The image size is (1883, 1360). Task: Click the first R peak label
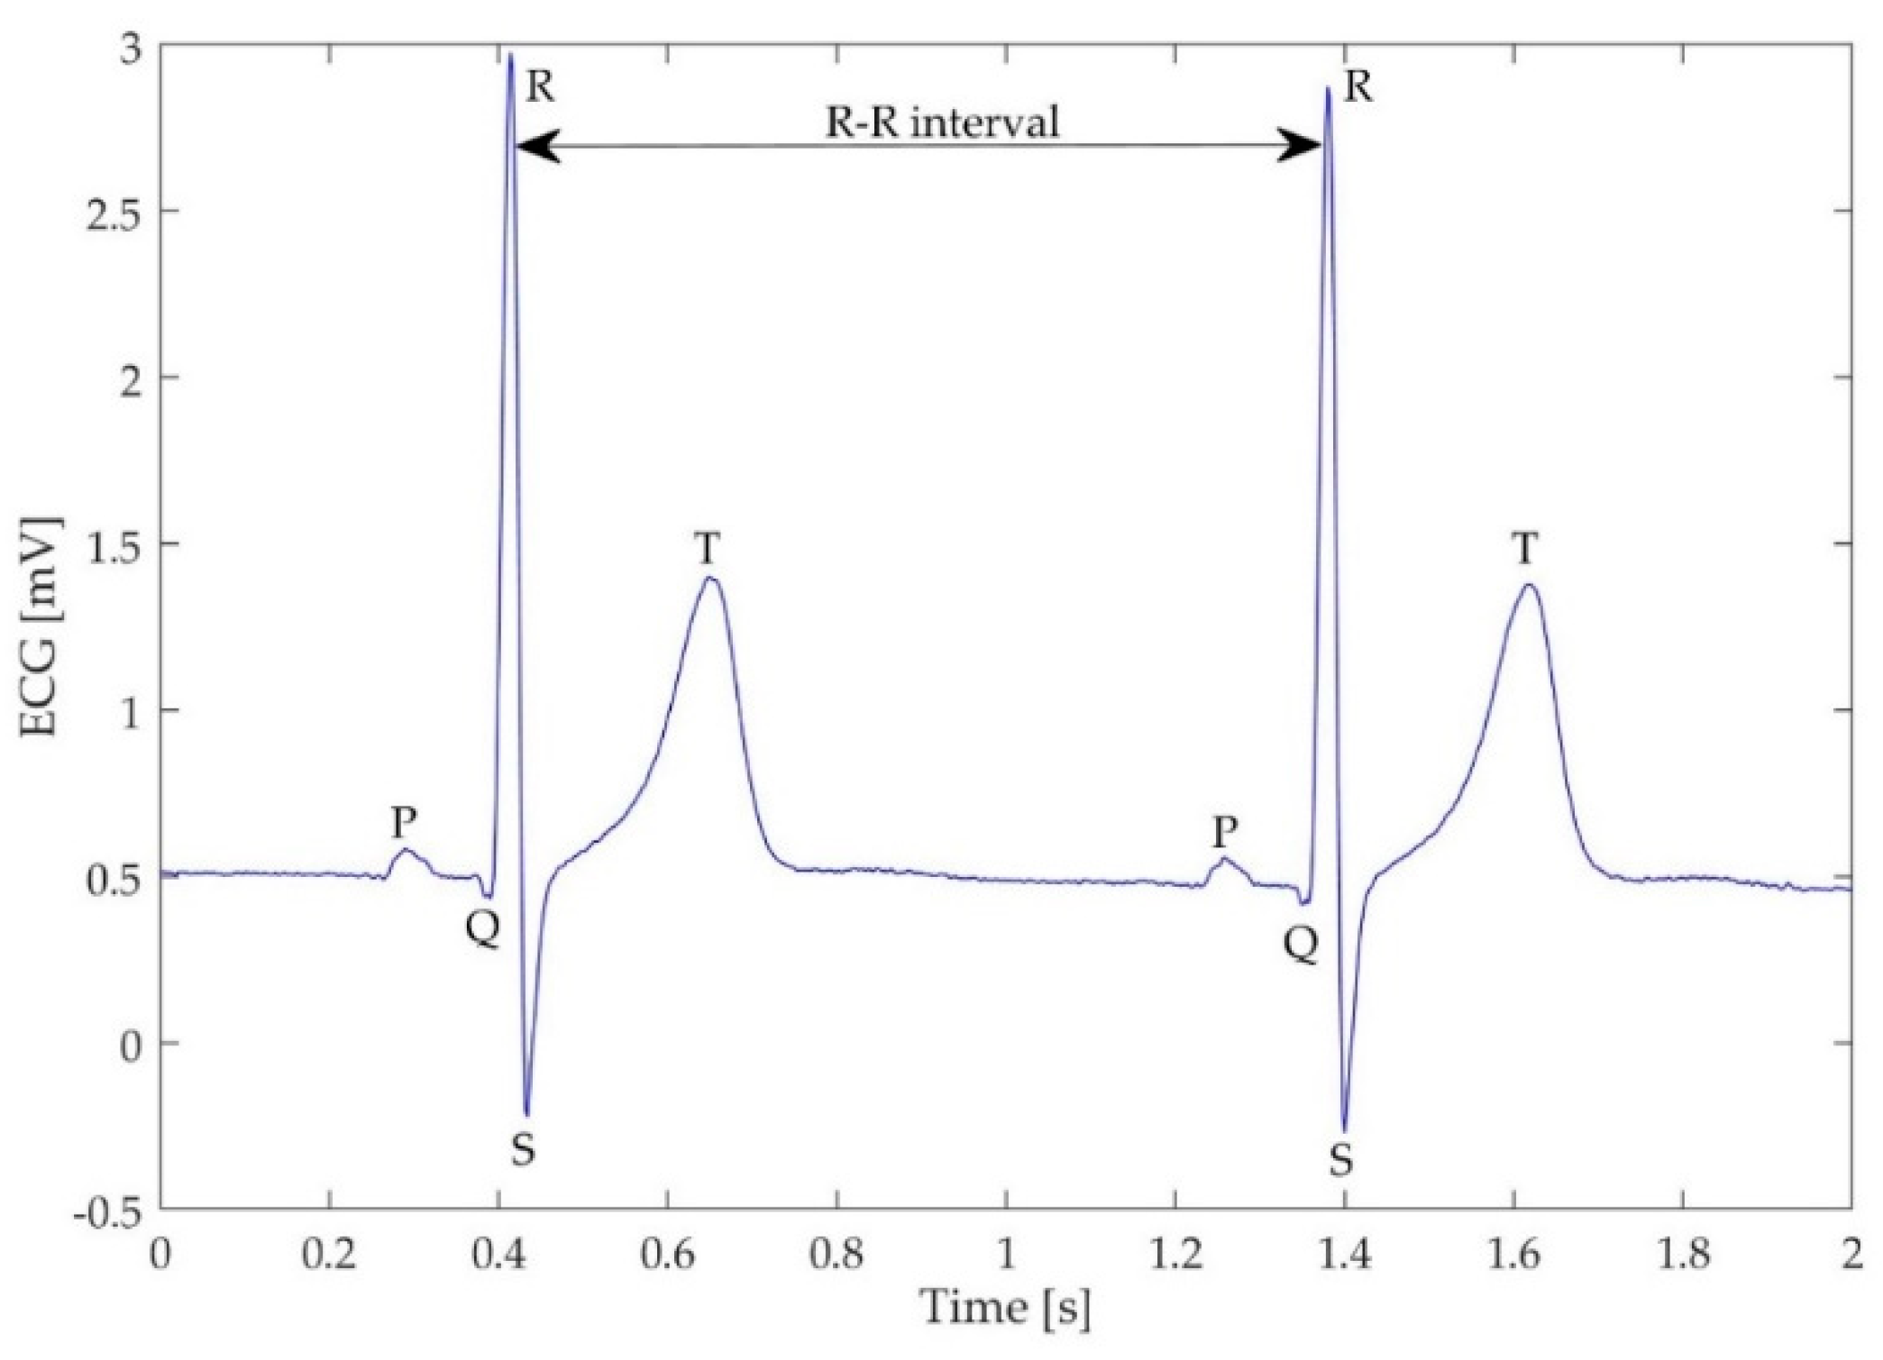pyautogui.click(x=539, y=87)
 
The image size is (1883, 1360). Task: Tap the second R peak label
pyautogui.click(x=1357, y=87)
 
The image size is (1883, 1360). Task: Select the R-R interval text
pyautogui.click(x=942, y=122)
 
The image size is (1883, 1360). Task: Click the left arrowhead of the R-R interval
pyautogui.click(x=535, y=145)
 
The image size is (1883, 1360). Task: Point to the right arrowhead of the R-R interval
pyautogui.click(x=1301, y=145)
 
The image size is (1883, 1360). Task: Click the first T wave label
pyautogui.click(x=708, y=547)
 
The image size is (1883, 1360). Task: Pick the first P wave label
pyautogui.click(x=403, y=821)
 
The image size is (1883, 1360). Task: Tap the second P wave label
pyautogui.click(x=1223, y=831)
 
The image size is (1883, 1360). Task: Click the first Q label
pyautogui.click(x=483, y=928)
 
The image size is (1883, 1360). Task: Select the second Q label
pyautogui.click(x=1301, y=945)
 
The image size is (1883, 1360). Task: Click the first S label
pyautogui.click(x=523, y=1149)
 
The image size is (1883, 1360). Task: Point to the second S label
pyautogui.click(x=1340, y=1161)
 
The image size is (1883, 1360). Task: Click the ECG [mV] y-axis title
pyautogui.click(x=41, y=626)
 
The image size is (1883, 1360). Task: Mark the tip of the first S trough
pyautogui.click(x=526, y=1115)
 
